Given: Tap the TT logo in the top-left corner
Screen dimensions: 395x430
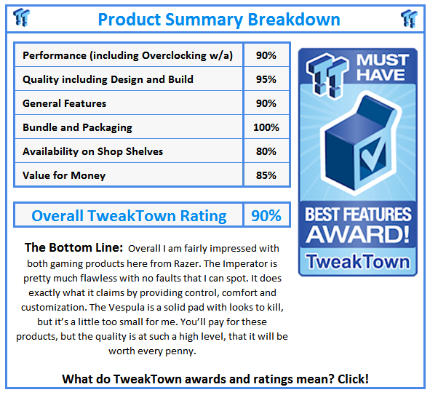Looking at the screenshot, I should point(21,17).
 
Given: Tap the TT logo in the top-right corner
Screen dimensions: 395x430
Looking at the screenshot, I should point(409,17).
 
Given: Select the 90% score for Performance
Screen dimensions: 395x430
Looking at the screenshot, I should point(266,55).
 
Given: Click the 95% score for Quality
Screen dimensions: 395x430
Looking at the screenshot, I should point(266,79).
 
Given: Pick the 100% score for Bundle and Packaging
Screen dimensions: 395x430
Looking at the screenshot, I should point(266,127).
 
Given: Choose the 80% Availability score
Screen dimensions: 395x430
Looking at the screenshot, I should point(266,151).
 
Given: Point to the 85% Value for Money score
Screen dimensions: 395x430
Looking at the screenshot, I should point(266,175).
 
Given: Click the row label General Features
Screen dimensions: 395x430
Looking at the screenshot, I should point(65,103).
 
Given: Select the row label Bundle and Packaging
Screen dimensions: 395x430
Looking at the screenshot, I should point(77,127).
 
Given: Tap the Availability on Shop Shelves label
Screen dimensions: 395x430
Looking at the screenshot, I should point(92,151).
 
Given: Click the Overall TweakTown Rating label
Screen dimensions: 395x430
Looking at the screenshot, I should point(129,215).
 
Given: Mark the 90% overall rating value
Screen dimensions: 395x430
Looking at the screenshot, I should point(266,215).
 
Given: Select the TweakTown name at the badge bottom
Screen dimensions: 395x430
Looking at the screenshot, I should point(357,260).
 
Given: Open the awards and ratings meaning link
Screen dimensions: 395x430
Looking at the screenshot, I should point(215,378).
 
